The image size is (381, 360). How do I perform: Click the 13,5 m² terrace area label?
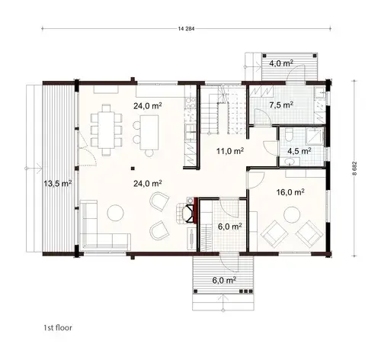pos(57,183)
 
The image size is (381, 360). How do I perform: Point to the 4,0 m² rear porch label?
pos(281,63)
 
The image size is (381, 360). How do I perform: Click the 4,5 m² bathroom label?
pos(297,150)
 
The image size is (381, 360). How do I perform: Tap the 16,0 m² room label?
pos(290,193)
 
